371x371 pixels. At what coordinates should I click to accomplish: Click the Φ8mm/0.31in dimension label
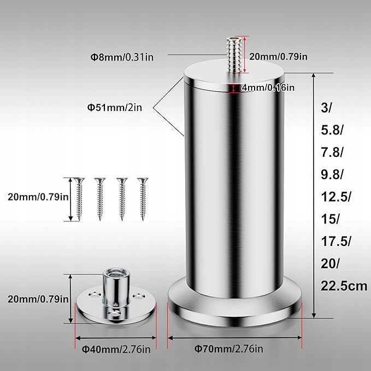coord(122,57)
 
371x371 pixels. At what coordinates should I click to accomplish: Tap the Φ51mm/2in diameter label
coord(115,108)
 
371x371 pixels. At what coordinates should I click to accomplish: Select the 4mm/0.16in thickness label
coord(268,88)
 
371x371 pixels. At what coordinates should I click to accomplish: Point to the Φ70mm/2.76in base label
coord(228,349)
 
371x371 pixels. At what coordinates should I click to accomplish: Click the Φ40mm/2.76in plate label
coord(116,349)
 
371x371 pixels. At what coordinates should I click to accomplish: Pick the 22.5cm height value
coord(344,286)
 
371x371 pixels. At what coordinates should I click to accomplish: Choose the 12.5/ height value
coord(336,197)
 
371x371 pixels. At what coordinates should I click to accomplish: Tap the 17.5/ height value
coord(336,242)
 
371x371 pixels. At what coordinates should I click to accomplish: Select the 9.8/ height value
coord(332,175)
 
